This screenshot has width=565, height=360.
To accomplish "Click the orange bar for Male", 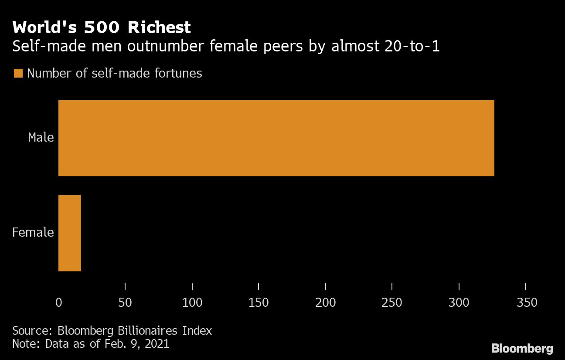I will tap(276, 138).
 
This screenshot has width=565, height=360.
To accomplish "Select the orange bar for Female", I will tap(70, 233).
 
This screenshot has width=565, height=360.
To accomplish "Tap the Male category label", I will tap(41, 137).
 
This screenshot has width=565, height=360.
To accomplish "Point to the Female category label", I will tap(33, 232).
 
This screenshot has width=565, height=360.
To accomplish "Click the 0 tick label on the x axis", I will tap(59, 302).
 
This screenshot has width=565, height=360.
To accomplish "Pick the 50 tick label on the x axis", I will tap(125, 302).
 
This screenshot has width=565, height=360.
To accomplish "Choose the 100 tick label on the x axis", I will tap(192, 302).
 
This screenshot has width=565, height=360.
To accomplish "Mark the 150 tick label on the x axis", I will tap(259, 302).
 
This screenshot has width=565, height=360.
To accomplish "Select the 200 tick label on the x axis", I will tap(326, 302).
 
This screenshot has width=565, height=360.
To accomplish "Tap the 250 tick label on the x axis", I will tap(392, 302).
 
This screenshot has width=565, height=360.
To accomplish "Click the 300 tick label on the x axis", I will tap(459, 302).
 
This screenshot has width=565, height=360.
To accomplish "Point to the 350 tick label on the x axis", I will tap(527, 302).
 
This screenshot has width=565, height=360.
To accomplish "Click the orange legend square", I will tap(18, 73).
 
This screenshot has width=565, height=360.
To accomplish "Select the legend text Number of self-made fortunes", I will tap(115, 73).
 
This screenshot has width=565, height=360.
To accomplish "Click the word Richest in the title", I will tap(159, 27).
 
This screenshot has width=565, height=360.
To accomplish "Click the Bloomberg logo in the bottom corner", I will tap(522, 349).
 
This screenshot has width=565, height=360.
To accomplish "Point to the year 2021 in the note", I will tap(156, 343).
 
